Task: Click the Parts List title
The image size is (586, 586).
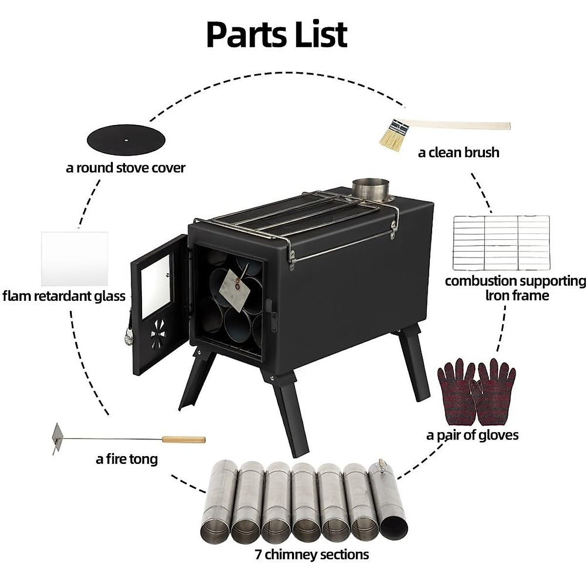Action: [x=276, y=34]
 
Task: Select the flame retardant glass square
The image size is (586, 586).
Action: [x=75, y=258]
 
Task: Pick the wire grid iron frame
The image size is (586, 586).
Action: [x=501, y=243]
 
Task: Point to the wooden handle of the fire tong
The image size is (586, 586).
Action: [x=184, y=439]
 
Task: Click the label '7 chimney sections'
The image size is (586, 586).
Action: [x=312, y=554]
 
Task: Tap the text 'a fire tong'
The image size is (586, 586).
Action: [x=127, y=459]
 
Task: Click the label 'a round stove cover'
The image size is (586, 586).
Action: [x=126, y=168]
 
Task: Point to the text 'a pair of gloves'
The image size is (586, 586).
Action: [x=472, y=435]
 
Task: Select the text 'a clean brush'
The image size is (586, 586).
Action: [x=459, y=152]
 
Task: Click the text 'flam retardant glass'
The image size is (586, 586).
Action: [x=64, y=296]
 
